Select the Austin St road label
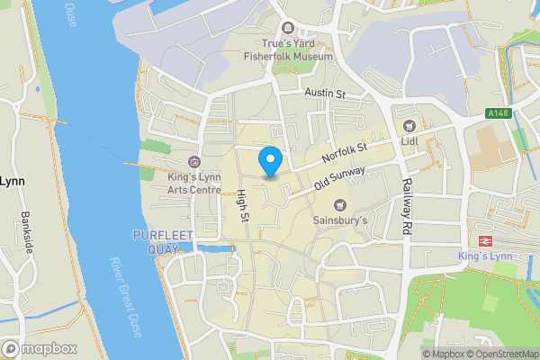[325, 94]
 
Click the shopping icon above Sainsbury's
[340, 203]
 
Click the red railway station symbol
[485, 241]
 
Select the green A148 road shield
[498, 113]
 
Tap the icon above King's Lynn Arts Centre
[194, 162]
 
